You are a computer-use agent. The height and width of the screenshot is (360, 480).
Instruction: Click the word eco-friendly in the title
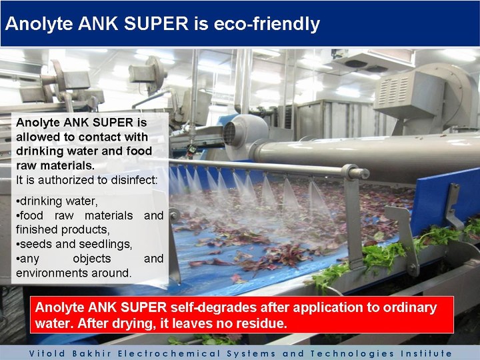267,24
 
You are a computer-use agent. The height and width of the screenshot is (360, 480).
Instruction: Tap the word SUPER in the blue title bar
156,23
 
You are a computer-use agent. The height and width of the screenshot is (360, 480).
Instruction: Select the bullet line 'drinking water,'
57,201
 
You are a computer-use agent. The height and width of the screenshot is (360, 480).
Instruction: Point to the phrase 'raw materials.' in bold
55,165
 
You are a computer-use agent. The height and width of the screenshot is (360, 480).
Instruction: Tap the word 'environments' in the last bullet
47,273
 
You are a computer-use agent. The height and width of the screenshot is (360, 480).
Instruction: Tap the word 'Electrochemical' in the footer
169,353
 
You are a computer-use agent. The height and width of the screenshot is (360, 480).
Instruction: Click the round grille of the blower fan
229,133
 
